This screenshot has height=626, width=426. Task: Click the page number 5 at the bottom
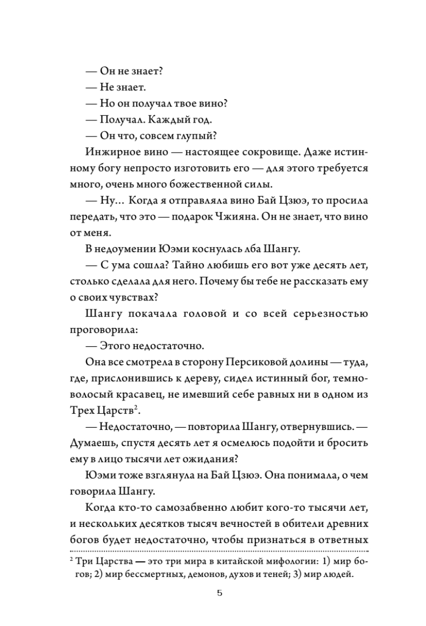[x=219, y=594]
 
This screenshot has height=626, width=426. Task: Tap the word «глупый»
[x=199, y=136]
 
